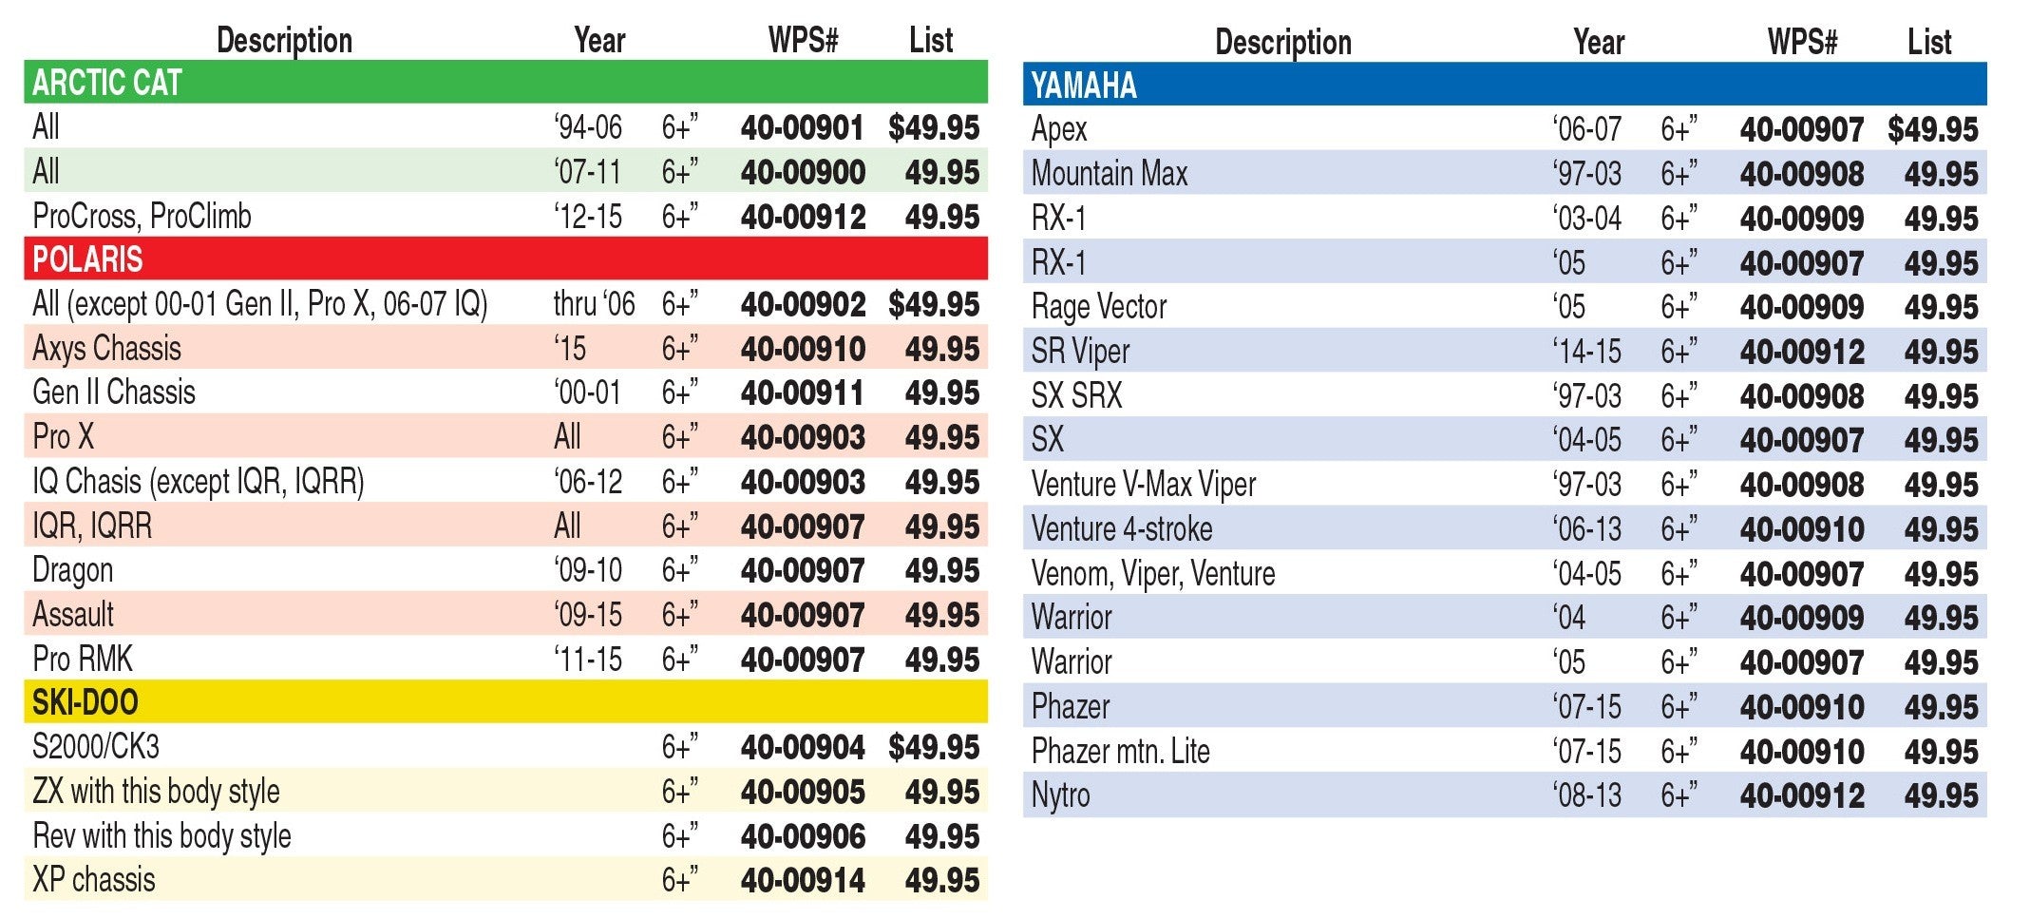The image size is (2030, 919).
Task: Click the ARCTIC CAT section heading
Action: pos(106,83)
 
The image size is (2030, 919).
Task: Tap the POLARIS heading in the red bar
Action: pos(87,259)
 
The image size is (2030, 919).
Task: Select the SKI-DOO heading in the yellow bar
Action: pos(85,702)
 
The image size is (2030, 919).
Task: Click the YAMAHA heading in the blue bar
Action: pos(1084,86)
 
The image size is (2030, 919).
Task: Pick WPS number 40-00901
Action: pos(803,127)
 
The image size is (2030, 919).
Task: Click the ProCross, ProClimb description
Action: pos(142,217)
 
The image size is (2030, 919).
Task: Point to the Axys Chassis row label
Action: pos(106,349)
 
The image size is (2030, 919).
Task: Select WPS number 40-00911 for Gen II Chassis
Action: pos(803,392)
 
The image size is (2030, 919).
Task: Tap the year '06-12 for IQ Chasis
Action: pos(588,482)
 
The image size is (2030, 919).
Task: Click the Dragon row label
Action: pos(72,570)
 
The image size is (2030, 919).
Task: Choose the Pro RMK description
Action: pos(83,660)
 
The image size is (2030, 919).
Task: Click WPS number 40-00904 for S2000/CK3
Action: pos(803,748)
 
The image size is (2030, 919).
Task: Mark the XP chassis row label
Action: pos(93,880)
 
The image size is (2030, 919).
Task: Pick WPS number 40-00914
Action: pos(803,880)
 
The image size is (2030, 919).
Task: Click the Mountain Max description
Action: pos(1110,174)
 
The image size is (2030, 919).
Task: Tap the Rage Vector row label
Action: pos(1099,307)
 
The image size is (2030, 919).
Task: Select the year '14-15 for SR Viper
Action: pos(1587,352)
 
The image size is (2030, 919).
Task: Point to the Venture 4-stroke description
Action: pos(1122,529)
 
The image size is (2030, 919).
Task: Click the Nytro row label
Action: pos(1060,795)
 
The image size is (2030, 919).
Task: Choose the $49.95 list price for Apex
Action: pos(1933,129)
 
